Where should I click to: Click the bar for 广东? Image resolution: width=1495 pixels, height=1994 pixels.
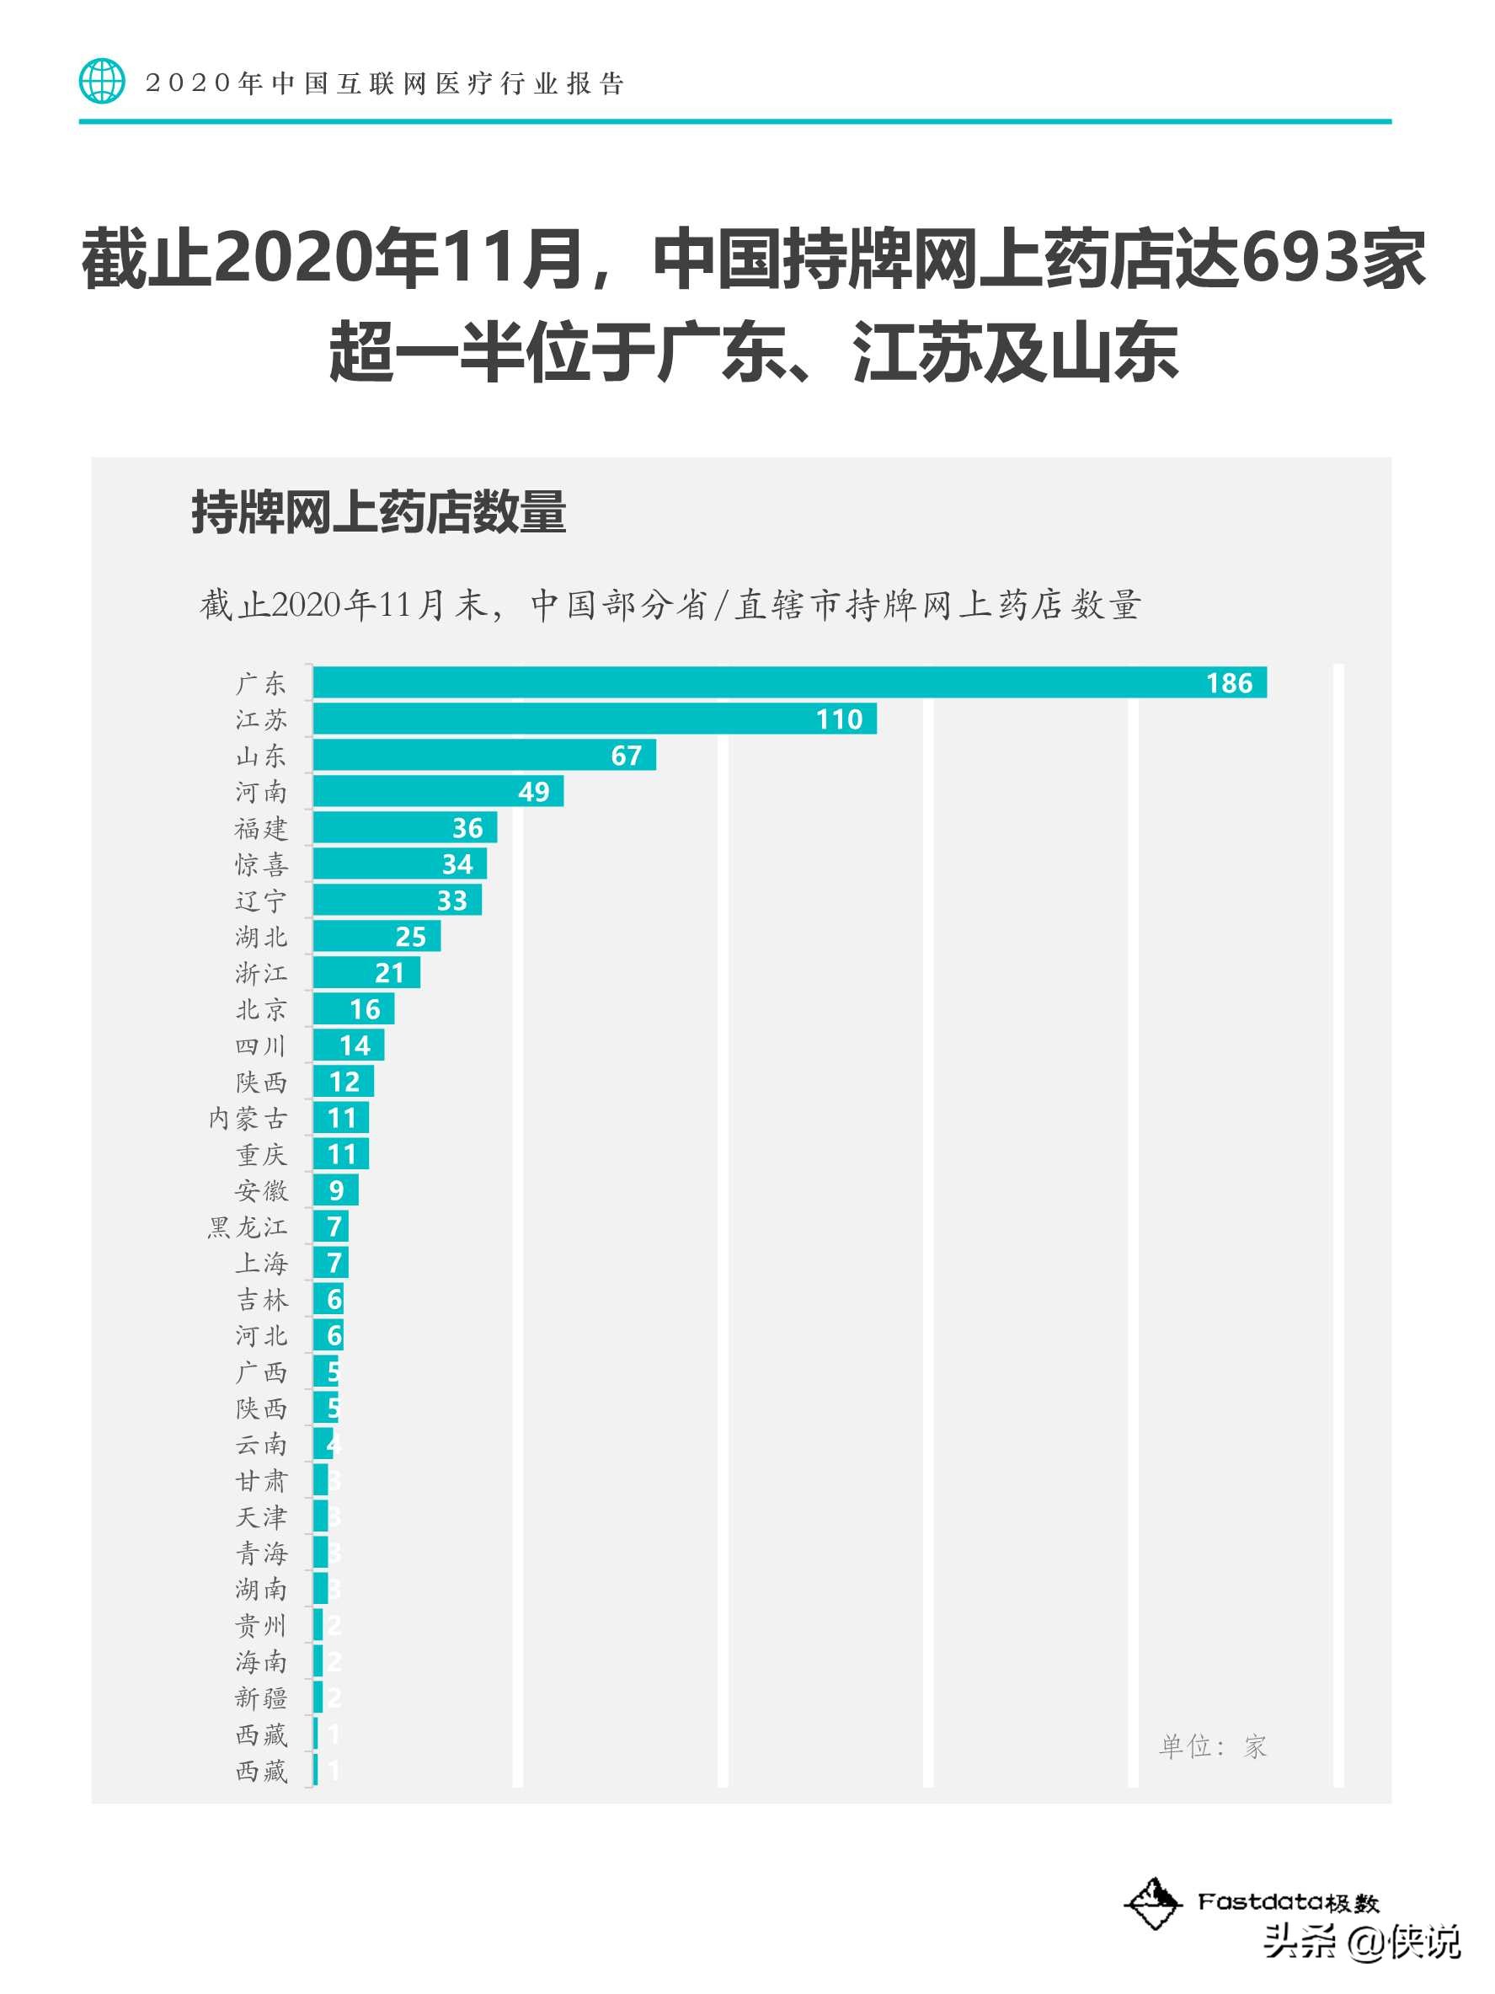pyautogui.click(x=788, y=682)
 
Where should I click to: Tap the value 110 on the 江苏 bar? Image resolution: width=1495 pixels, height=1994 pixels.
pyautogui.click(x=839, y=719)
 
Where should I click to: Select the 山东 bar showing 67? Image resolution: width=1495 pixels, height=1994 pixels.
pyautogui.click(x=484, y=756)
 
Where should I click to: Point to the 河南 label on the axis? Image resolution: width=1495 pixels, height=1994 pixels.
pyautogui.click(x=261, y=792)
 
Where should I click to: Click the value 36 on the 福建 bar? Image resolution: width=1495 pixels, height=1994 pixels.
pyautogui.click(x=467, y=827)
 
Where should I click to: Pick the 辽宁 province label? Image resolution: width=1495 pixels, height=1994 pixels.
pyautogui.click(x=261, y=901)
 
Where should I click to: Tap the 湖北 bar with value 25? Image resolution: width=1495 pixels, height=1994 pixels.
pyautogui.click(x=376, y=937)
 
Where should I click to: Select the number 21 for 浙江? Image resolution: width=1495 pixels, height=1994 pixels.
pyautogui.click(x=389, y=973)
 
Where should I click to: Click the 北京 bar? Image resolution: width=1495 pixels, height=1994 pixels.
pyautogui.click(x=353, y=1008)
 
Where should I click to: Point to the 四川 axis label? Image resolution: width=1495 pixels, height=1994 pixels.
pyautogui.click(x=261, y=1045)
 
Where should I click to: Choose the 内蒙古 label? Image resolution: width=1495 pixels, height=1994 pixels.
pyautogui.click(x=248, y=1118)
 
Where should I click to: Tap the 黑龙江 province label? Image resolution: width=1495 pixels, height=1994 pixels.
pyautogui.click(x=248, y=1227)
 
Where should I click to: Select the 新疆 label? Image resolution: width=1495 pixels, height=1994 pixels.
pyautogui.click(x=261, y=1698)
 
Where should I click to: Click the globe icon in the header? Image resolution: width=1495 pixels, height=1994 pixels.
pyautogui.click(x=102, y=82)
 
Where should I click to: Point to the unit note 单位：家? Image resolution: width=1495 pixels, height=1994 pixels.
pyautogui.click(x=1212, y=1747)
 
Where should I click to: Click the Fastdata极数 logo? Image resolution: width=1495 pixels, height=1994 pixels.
pyautogui.click(x=1252, y=1902)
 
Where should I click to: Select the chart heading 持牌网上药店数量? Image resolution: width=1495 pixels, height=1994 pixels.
pyautogui.click(x=378, y=513)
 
